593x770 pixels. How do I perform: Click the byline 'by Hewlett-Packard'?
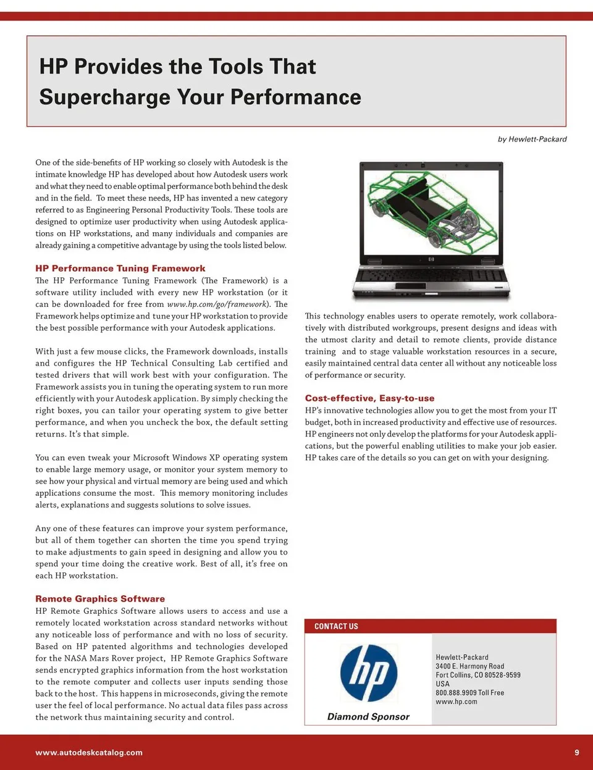[x=532, y=140]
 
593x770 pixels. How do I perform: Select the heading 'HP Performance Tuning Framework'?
[x=120, y=269]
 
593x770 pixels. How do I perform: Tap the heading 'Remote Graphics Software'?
[x=100, y=599]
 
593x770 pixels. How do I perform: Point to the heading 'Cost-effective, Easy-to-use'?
[x=369, y=399]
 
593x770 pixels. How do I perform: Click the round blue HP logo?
[x=369, y=673]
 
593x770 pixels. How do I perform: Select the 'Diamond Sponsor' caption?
[x=368, y=717]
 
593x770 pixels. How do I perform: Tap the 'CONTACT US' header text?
[x=336, y=627]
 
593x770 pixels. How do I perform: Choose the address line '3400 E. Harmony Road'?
[x=469, y=666]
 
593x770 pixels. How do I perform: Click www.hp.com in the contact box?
[x=456, y=701]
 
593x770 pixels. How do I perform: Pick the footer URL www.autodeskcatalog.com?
[x=89, y=753]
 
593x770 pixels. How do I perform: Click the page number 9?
[x=577, y=753]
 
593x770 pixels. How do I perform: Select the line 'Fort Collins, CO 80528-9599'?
[x=477, y=675]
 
